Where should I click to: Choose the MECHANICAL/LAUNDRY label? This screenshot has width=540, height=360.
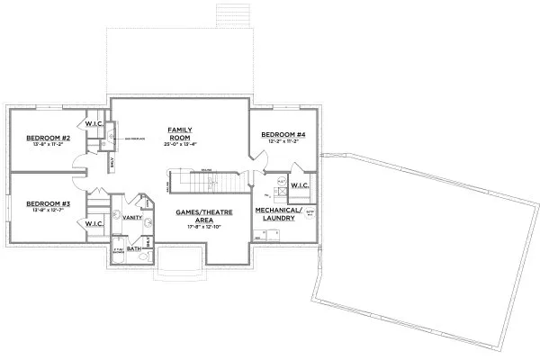277,212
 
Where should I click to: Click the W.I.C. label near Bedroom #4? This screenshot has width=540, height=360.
300,186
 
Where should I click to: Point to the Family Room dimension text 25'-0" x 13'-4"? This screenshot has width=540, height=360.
180,144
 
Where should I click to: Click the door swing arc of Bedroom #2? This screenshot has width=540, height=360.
80,162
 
